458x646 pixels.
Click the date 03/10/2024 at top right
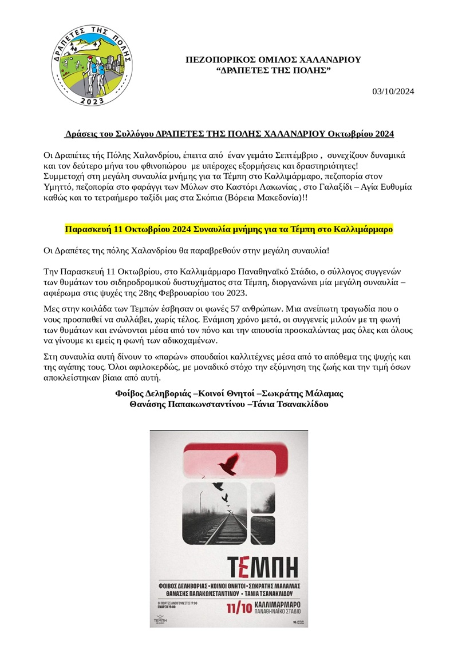393,91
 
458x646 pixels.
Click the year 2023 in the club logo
92,101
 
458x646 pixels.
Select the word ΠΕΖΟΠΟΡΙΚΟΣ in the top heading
218,59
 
